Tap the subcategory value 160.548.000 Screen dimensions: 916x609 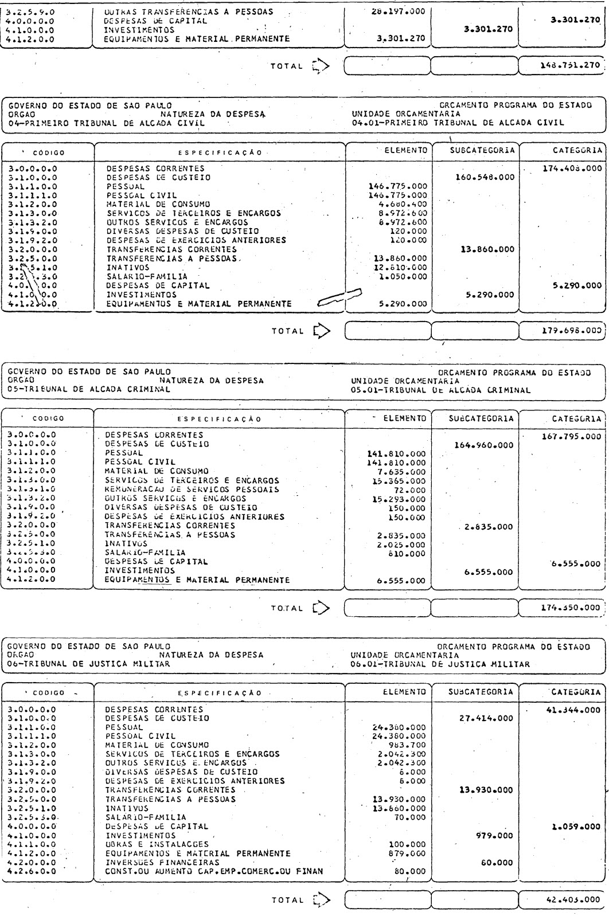pos(484,178)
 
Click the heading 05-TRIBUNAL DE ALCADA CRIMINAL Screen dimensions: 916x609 pos(88,389)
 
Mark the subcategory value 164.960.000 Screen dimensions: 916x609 pos(483,445)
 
